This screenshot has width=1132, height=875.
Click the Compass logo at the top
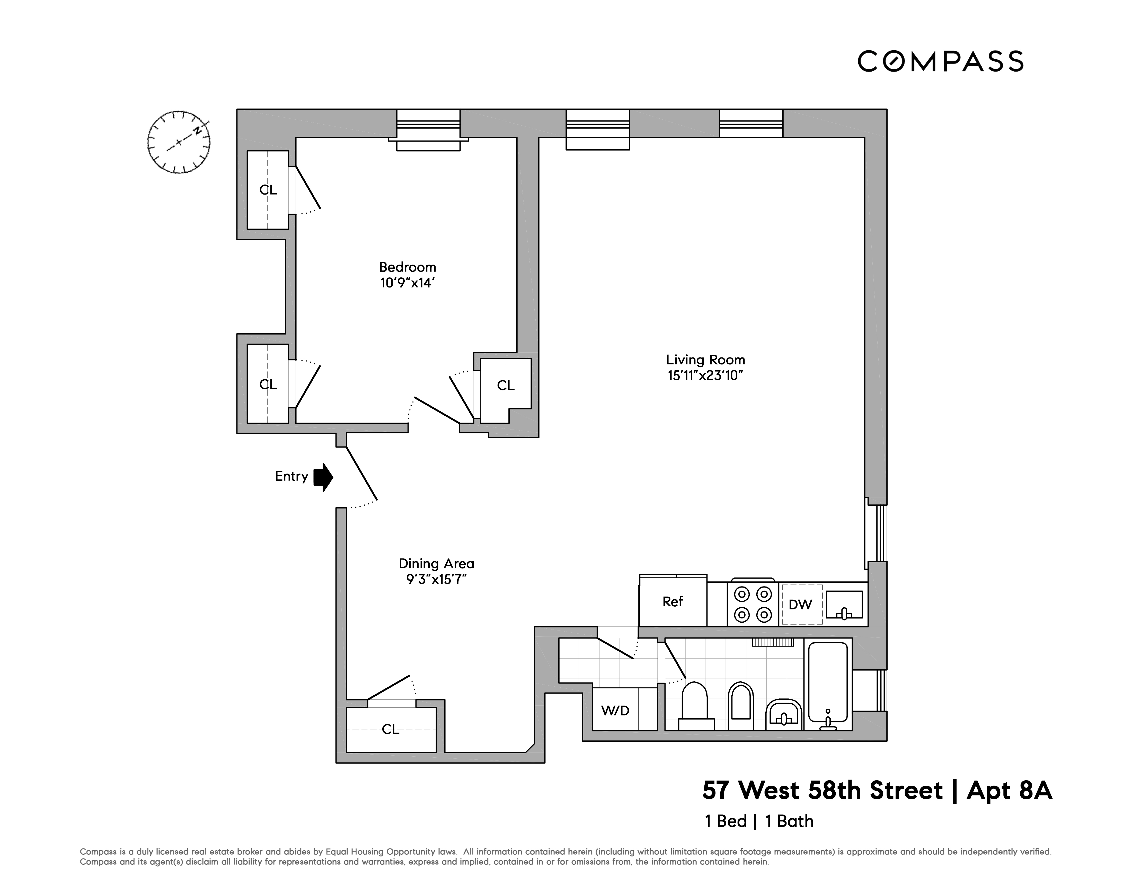tap(940, 61)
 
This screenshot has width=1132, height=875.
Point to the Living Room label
tap(705, 360)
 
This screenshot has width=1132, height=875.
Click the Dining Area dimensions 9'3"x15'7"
tap(436, 579)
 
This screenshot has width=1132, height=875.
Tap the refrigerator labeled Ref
tap(673, 602)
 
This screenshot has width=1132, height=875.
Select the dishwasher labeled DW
tap(801, 605)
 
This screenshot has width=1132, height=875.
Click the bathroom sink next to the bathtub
tap(784, 714)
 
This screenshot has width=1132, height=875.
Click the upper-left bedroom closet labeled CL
tap(268, 190)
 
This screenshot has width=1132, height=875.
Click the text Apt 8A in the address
tap(1009, 791)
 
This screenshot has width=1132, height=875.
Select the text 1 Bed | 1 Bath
tap(759, 822)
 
